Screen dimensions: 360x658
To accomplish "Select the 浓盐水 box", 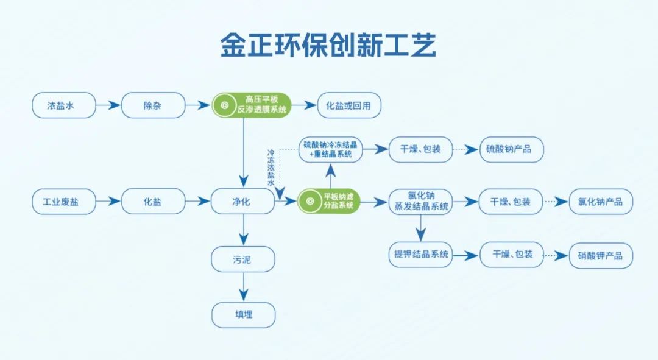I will [x=63, y=105].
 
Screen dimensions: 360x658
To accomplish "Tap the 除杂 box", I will [x=153, y=105].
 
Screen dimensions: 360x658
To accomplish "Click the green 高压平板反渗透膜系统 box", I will [x=252, y=105].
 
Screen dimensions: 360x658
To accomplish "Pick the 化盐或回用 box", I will [x=350, y=105].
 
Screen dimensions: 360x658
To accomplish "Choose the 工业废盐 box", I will [x=63, y=202].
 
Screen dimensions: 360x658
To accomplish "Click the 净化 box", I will [x=243, y=202].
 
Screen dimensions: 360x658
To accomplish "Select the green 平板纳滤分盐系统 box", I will [x=330, y=202].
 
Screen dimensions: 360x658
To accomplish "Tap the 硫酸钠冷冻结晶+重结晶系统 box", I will [x=330, y=149].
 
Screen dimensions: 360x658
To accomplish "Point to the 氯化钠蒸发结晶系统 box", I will [x=420, y=202].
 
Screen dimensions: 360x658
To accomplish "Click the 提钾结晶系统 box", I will [x=420, y=255].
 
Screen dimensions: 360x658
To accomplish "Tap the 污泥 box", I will [x=243, y=259].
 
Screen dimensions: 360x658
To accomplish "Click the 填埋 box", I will [x=243, y=315].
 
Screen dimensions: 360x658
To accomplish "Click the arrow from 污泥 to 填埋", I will [x=243, y=287].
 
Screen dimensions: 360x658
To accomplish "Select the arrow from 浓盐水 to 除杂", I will [x=108, y=105].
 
